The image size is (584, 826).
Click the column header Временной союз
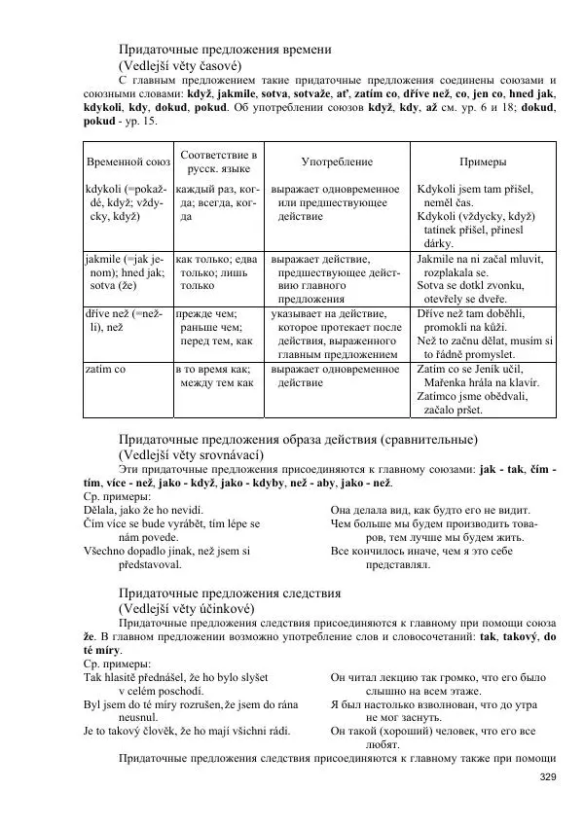click(x=128, y=162)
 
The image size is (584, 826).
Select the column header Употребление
click(x=337, y=162)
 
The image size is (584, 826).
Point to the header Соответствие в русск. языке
click(x=219, y=162)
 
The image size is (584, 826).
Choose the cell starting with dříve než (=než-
click(x=127, y=321)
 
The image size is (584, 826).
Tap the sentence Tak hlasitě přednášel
click(x=176, y=676)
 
